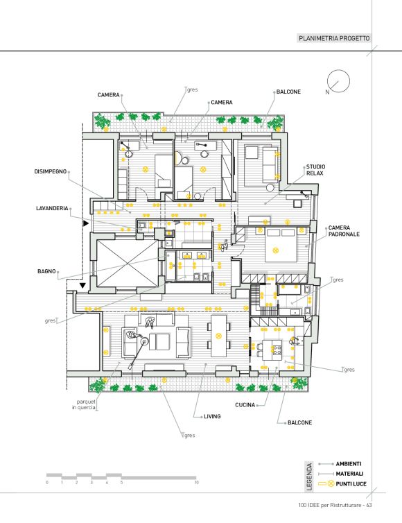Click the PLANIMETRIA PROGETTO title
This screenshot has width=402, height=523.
[334, 38]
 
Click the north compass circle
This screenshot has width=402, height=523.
[338, 70]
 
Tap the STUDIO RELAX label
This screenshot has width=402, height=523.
[315, 170]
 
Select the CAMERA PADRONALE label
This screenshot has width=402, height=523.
[344, 231]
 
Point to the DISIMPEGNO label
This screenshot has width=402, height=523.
[51, 171]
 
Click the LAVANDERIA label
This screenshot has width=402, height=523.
[52, 208]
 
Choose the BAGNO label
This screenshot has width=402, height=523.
[46, 271]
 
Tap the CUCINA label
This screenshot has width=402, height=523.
[245, 405]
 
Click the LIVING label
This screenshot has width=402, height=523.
[212, 416]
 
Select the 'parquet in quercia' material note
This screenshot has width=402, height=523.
[84, 404]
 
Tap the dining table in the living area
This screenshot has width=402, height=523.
[218, 336]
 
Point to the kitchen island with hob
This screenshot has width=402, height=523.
[272, 350]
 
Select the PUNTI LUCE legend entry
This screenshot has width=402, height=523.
[351, 483]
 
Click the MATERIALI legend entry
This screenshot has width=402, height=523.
[349, 474]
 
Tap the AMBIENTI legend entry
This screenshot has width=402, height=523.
[349, 463]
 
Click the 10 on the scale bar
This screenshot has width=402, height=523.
[197, 482]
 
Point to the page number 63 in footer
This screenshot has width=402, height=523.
[369, 505]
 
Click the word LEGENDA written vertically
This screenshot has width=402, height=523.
[309, 477]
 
